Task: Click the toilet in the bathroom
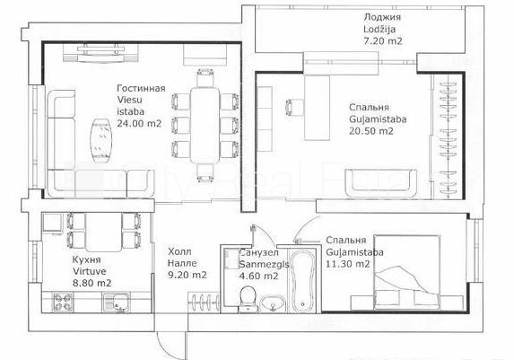tap(248, 298)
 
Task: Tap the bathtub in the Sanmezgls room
tap(303, 281)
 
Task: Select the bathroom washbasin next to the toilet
tap(273, 303)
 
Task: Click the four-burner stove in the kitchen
tap(63, 303)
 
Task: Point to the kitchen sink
tap(117, 303)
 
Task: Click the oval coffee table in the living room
tap(102, 140)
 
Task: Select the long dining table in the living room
tap(205, 126)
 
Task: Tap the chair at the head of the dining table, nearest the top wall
tap(205, 77)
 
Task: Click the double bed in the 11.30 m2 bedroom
tap(407, 272)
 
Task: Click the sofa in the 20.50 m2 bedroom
tap(381, 183)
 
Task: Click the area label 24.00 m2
tap(139, 124)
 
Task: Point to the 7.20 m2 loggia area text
tap(382, 41)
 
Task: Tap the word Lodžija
tap(379, 29)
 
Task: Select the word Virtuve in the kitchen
tap(89, 271)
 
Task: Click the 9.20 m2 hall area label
tap(187, 275)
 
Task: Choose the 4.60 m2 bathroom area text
tap(259, 277)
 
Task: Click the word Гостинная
tap(141, 88)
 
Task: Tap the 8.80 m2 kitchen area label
tap(91, 283)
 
